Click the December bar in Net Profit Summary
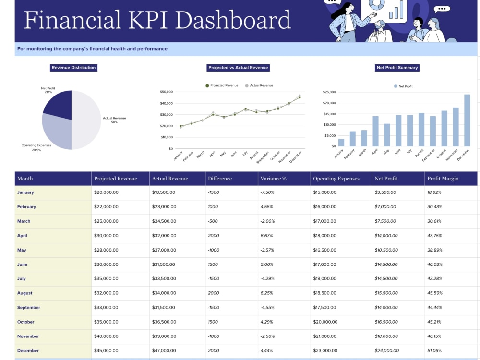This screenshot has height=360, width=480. [467, 120]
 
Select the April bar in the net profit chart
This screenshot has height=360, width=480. [375, 131]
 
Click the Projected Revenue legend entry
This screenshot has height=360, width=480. [222, 86]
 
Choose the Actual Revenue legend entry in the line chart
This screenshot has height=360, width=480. [259, 86]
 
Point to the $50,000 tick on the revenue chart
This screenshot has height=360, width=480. [166, 92]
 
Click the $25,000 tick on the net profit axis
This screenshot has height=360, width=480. [329, 92]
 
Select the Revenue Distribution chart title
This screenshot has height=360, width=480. [73, 68]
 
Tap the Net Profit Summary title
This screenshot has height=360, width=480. [397, 68]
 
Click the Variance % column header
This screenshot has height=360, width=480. [274, 179]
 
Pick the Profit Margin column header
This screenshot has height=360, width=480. [443, 179]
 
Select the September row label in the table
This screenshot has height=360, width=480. [29, 307]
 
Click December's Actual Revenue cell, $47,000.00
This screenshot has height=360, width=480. [164, 350]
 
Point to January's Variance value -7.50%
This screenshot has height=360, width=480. [267, 192]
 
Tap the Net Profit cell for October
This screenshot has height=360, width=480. [386, 322]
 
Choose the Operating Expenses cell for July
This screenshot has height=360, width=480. [324, 278]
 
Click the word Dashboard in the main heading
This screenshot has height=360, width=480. [233, 20]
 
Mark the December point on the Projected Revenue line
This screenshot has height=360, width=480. [300, 97]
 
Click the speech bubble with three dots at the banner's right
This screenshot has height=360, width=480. [442, 9]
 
